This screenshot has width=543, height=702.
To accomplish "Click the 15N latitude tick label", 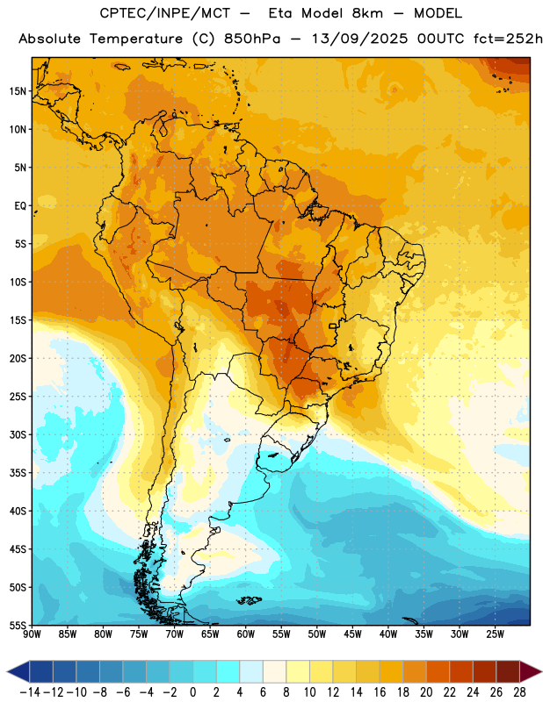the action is click(18, 91).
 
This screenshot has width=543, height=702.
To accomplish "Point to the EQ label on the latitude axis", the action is click(20, 206).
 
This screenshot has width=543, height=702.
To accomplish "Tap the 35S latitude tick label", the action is click(18, 473).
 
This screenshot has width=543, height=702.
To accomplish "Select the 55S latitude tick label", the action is click(18, 625).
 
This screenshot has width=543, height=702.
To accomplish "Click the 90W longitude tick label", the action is click(32, 634).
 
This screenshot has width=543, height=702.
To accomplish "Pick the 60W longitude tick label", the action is click(246, 634).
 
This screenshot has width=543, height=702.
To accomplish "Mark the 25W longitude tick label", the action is click(495, 634).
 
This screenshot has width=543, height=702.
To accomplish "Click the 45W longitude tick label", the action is click(352, 634).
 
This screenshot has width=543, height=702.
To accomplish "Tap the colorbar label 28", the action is click(519, 692).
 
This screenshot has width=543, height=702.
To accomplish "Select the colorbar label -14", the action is click(30, 692).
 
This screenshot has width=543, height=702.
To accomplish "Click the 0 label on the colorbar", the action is click(192, 692).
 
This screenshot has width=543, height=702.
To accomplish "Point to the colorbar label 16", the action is click(380, 692).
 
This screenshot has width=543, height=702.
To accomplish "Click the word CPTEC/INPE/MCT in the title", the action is click(165, 13).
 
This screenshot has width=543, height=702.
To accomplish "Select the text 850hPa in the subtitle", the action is click(252, 39).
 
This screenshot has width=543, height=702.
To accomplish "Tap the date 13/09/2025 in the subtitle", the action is click(359, 39).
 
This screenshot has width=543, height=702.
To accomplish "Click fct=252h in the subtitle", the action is click(508, 39).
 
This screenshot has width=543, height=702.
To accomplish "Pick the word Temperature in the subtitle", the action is click(136, 39).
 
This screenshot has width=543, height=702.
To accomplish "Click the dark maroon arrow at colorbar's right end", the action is click(530, 671).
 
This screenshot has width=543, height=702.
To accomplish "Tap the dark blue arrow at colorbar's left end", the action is click(18, 671).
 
